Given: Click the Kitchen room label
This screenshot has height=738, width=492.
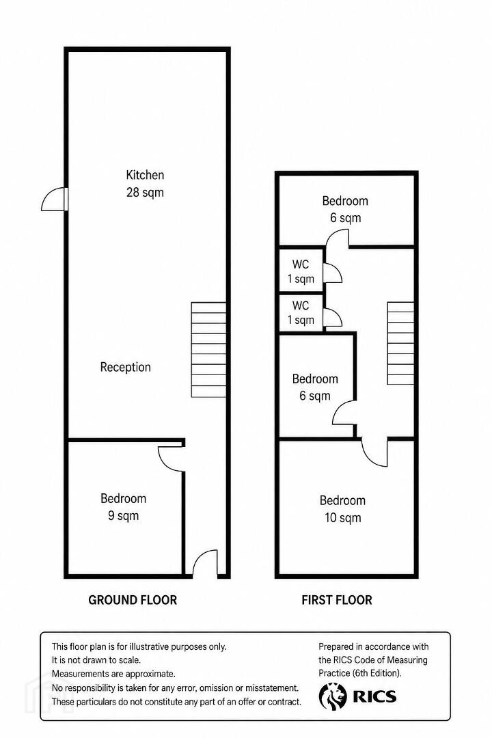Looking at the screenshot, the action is (x=145, y=175).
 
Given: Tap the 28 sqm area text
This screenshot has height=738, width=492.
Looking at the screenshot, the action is (x=145, y=193).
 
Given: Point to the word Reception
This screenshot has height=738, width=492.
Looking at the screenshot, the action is (x=125, y=367).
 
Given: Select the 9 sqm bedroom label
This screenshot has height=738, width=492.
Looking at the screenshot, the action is (x=124, y=507).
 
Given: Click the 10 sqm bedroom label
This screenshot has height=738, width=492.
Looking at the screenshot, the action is (x=342, y=509).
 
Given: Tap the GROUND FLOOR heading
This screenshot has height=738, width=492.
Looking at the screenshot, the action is (x=133, y=600).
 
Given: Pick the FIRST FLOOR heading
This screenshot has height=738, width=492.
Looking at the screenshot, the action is (x=337, y=600).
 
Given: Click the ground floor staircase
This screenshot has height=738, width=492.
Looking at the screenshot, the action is (x=208, y=350).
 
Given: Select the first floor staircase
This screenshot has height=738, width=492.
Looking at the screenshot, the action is (x=400, y=343).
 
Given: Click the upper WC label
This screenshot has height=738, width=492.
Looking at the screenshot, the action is (x=301, y=271).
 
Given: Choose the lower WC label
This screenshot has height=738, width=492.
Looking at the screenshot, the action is (x=301, y=312).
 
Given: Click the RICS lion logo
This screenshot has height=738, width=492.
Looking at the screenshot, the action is (x=333, y=696).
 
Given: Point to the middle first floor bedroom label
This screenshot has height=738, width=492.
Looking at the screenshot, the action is (x=315, y=387).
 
